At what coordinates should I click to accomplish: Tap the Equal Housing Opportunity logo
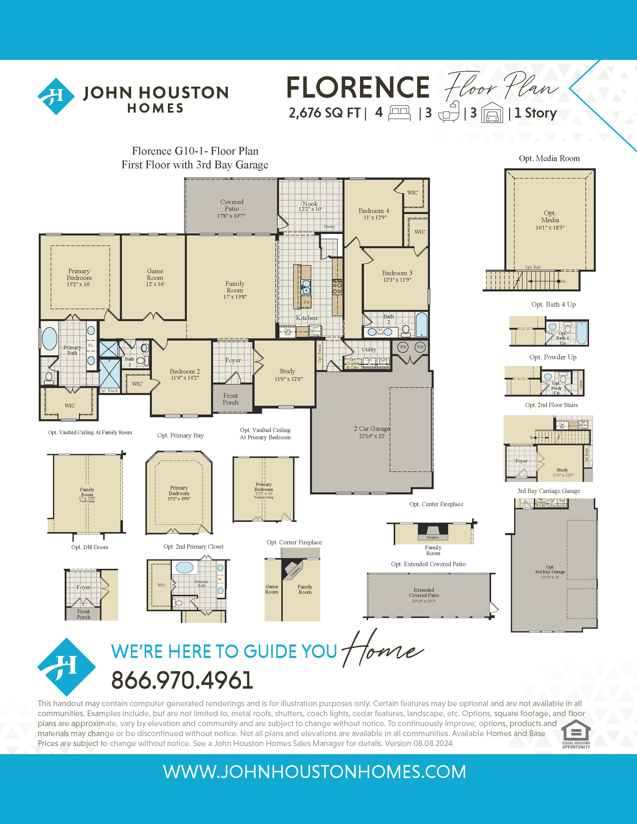click(x=576, y=734)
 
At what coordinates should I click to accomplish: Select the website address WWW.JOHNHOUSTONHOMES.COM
click(x=314, y=772)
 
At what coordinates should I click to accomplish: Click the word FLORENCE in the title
click(x=358, y=88)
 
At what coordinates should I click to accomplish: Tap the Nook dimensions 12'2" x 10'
click(x=310, y=209)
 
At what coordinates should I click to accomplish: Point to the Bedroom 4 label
click(x=374, y=211)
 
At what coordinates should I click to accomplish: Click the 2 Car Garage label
click(x=372, y=428)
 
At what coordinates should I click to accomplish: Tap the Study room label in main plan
click(x=287, y=371)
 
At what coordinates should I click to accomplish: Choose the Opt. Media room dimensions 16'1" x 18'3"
click(x=550, y=227)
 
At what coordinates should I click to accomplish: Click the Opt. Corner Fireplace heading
click(x=294, y=542)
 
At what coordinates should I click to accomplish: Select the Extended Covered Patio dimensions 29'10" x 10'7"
click(x=423, y=601)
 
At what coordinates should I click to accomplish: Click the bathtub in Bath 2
click(x=421, y=324)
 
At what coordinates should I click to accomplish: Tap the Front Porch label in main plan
click(x=231, y=399)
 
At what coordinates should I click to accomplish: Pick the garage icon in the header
click(x=492, y=113)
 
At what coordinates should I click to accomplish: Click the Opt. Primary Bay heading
click(x=180, y=435)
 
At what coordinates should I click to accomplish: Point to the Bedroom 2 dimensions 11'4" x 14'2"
click(x=185, y=378)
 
